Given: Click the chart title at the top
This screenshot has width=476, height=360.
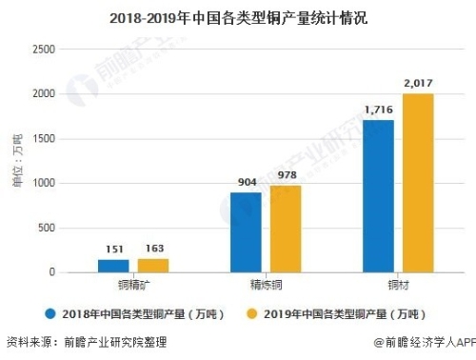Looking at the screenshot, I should [x=238, y=17].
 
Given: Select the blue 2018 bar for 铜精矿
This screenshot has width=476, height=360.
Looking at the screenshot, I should [x=114, y=266].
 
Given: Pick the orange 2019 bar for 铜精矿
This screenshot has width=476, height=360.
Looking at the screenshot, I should [x=151, y=265].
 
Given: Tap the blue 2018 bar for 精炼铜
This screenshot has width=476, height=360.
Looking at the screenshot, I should [x=247, y=232].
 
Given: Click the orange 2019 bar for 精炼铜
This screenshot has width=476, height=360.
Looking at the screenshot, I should [x=284, y=229].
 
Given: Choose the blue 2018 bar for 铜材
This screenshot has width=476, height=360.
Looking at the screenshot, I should [x=379, y=196].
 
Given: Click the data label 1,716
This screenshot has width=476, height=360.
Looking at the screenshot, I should [x=379, y=111].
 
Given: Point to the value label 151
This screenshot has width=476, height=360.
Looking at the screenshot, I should [x=114, y=250].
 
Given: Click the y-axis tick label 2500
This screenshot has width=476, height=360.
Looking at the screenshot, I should [x=44, y=50].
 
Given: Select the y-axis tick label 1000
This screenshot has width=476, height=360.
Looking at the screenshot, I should [x=44, y=183].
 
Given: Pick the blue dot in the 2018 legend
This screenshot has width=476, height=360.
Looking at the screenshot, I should [x=50, y=312].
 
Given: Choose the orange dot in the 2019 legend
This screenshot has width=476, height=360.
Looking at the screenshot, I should [x=251, y=312].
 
